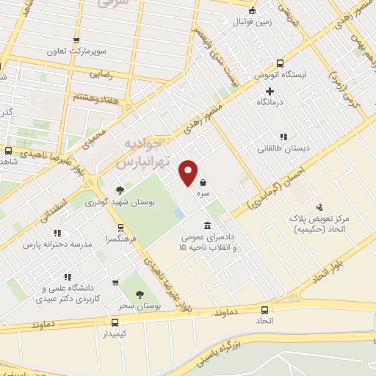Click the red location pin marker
pyautogui.click(x=189, y=173)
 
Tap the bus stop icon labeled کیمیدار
pyautogui.click(x=115, y=322)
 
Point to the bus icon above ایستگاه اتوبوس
pyautogui.click(x=279, y=64)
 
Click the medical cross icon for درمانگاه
pyautogui.click(x=270, y=91)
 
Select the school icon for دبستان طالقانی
pyautogui.click(x=282, y=136)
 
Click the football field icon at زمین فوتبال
pyautogui.click(x=253, y=10)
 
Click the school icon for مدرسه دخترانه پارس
pyautogui.click(x=58, y=233)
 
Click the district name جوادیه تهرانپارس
pyautogui.click(x=147, y=151)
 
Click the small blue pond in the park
pyautogui.click(x=179, y=214)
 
